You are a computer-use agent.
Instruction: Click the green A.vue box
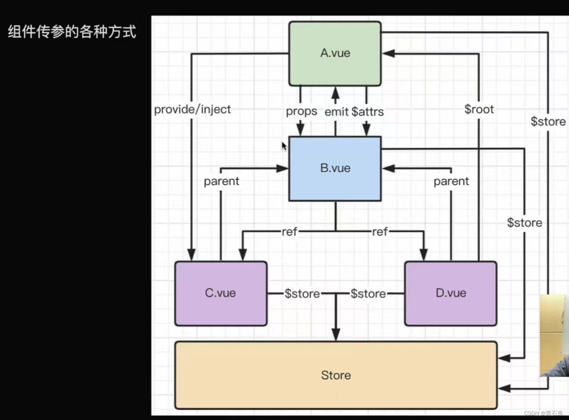point(335,53)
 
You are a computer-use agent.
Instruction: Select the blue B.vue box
point(335,168)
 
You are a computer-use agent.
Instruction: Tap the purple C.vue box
point(221,293)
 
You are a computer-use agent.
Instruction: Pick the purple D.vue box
point(451,293)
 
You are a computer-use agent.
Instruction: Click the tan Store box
point(336,375)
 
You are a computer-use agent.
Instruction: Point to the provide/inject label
point(192,109)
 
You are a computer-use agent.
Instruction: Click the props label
point(301,111)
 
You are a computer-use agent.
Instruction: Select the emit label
point(336,112)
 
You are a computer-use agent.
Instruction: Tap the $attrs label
point(368,112)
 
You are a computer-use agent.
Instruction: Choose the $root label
point(479,109)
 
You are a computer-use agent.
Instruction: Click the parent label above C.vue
point(221,181)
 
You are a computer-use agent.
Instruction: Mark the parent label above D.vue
point(451,181)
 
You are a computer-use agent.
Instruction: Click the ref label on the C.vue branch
point(290,232)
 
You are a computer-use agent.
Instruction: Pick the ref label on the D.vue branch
point(380,232)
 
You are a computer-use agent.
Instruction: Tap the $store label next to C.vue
point(302,293)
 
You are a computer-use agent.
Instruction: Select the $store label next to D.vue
point(368,293)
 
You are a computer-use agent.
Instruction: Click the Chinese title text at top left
point(72,32)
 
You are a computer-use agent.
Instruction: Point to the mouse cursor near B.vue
point(284,146)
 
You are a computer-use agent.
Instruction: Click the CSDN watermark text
point(543,413)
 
